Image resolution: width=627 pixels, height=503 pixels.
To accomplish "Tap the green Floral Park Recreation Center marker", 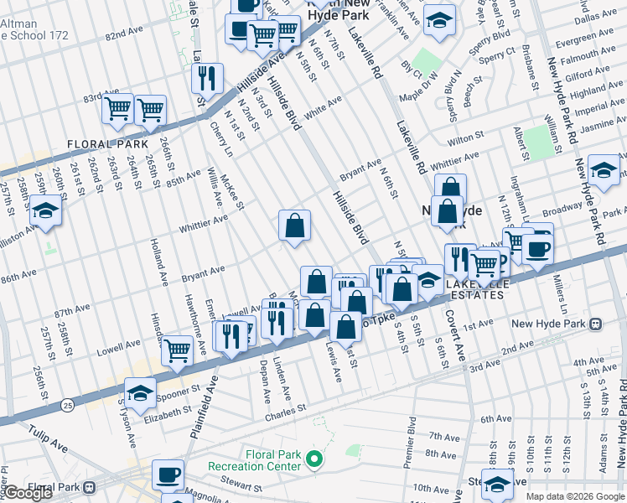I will [x=314, y=459].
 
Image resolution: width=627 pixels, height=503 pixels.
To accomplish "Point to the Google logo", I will [x=28, y=494].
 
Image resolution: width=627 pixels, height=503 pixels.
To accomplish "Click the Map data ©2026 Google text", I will [x=574, y=496].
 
